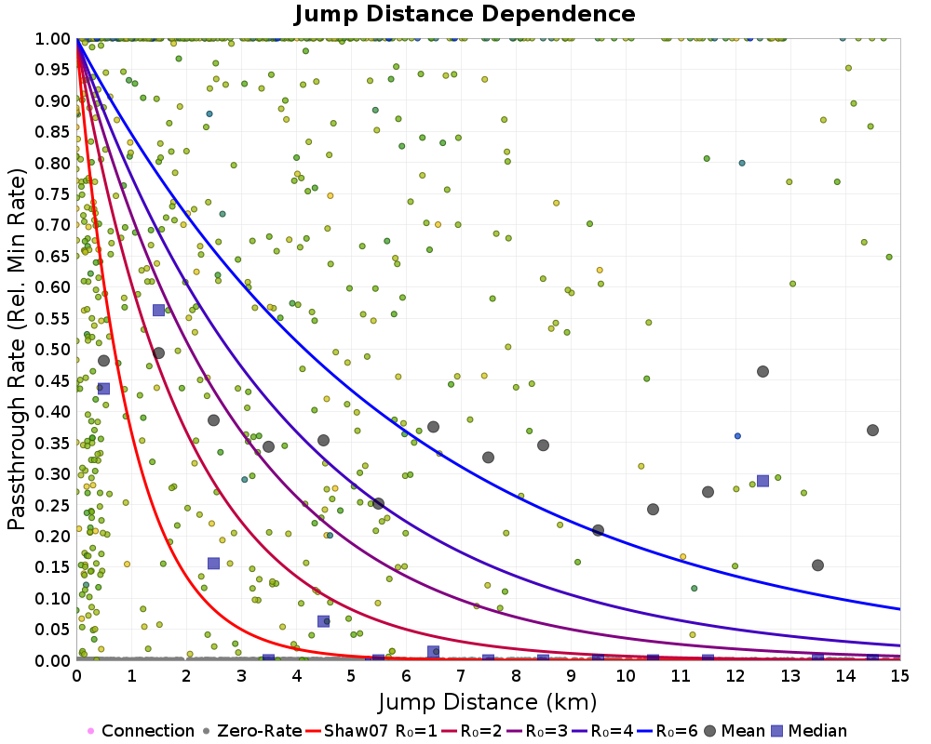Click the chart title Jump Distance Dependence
tap(465, 14)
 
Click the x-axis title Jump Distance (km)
tap(488, 702)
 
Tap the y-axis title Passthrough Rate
tap(17, 350)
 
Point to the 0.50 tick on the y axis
tap(51, 350)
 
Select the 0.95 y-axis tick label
tap(51, 70)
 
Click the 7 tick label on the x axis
tap(461, 676)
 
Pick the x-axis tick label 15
tap(900, 676)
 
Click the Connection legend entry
tap(141, 730)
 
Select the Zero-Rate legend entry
tap(251, 730)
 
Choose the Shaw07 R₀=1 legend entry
tap(371, 730)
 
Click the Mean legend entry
tap(734, 730)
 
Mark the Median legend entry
tap(809, 730)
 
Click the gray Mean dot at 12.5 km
tap(763, 371)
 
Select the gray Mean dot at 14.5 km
tap(873, 431)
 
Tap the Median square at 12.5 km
tap(763, 481)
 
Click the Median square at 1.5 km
tap(158, 310)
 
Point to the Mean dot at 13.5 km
tap(817, 565)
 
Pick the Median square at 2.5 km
tap(214, 563)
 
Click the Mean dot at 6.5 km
tap(434, 427)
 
